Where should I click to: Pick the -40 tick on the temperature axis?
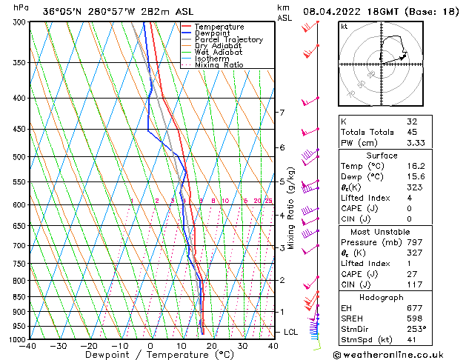click(x=28, y=346)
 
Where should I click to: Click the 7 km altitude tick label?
click(x=282, y=113)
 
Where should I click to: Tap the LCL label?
click(x=291, y=332)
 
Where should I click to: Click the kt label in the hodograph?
click(x=344, y=26)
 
